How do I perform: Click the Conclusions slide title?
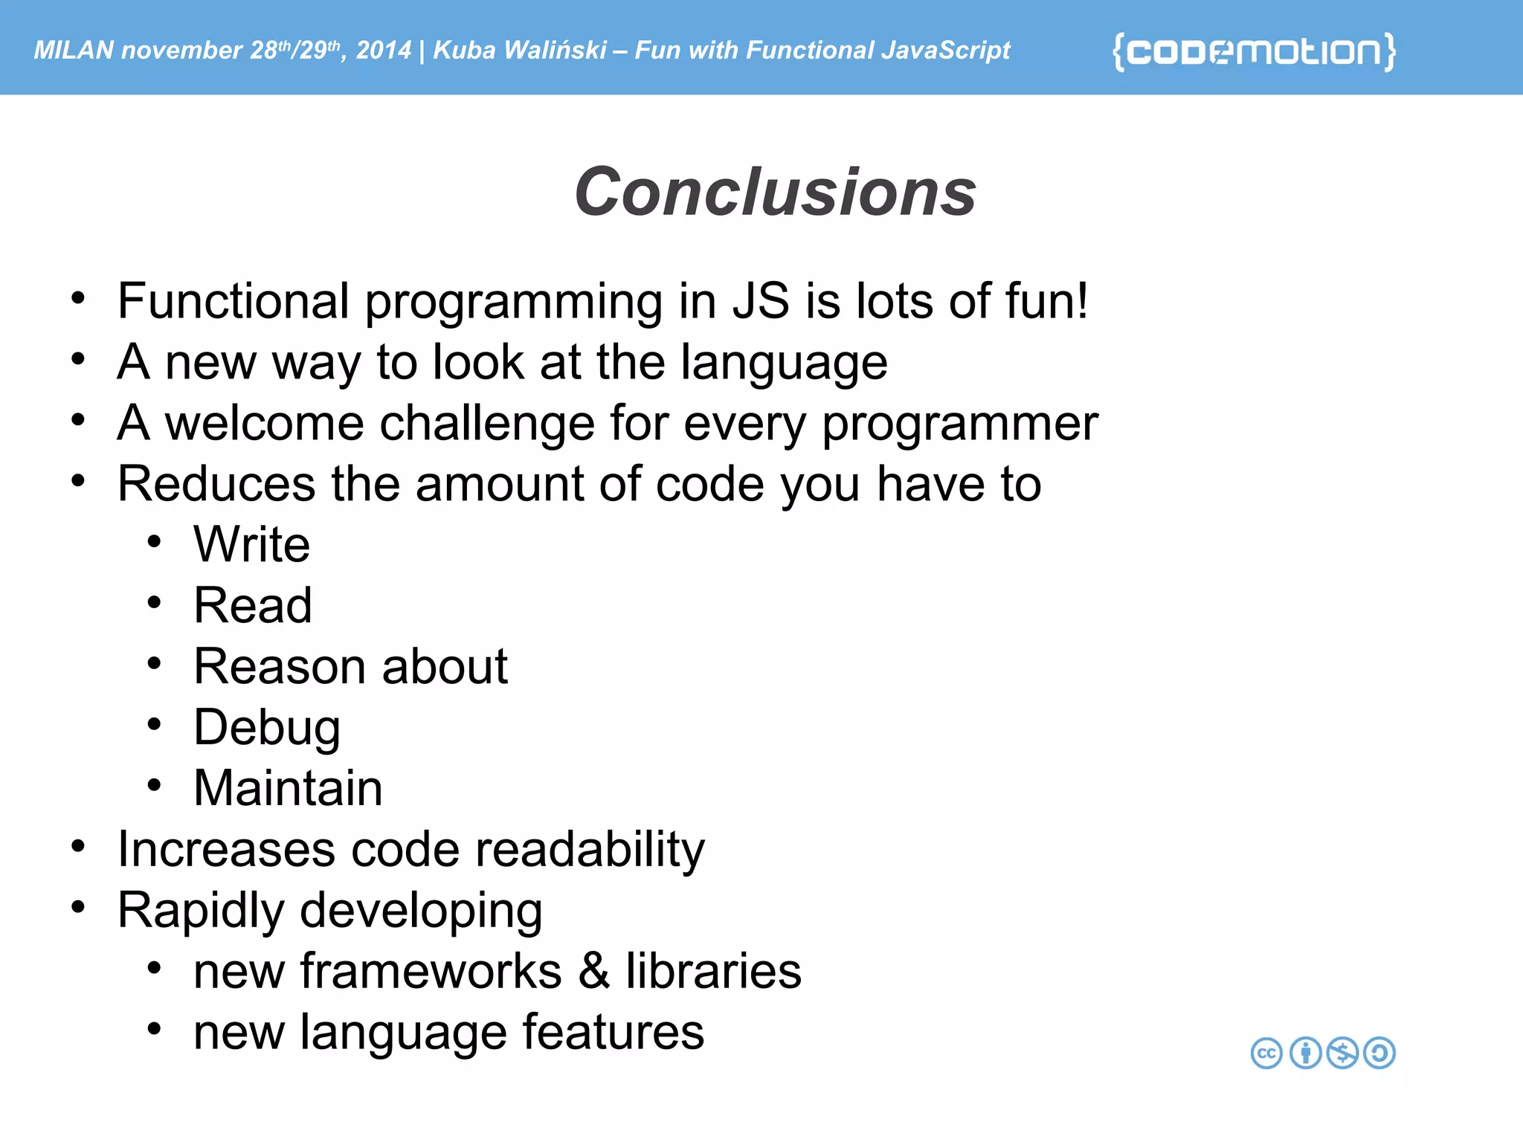point(775,192)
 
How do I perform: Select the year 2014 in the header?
point(383,51)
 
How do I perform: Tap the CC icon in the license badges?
point(1266,1053)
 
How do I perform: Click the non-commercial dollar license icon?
point(1342,1053)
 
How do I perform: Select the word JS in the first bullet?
point(760,302)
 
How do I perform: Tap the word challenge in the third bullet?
point(487,424)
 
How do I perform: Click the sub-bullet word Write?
point(251,545)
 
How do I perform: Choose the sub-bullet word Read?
point(253,606)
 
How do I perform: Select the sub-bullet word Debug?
point(267,729)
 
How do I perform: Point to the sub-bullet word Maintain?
point(288,788)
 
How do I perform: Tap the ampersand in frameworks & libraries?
point(593,972)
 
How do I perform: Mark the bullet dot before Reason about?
point(154,663)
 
